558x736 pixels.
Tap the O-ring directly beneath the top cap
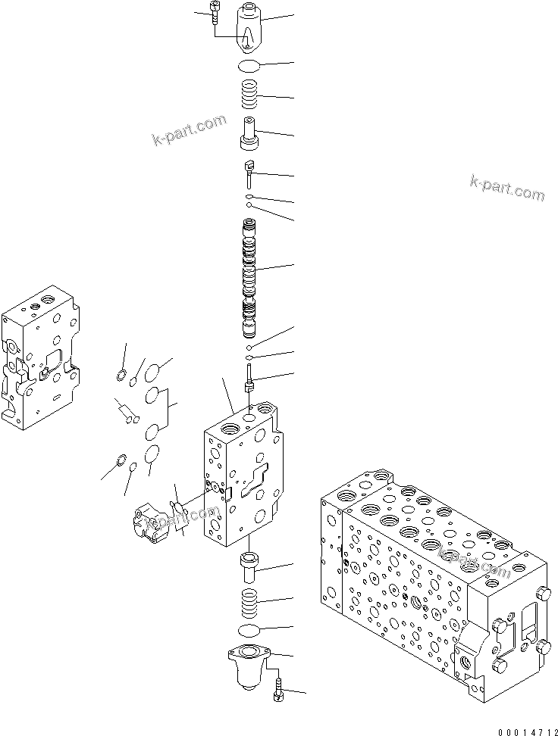tap(250, 65)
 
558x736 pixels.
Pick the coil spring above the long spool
tap(250, 95)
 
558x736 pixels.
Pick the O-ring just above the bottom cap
tap(250, 631)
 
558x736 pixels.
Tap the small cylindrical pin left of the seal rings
tap(126, 413)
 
